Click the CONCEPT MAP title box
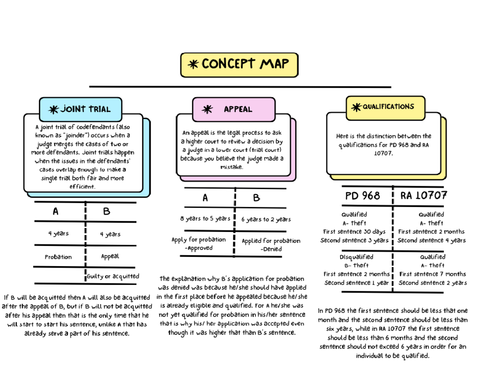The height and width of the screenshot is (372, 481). pos(239,64)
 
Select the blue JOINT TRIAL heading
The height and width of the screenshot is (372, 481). pos(80,109)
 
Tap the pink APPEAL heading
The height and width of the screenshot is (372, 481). pos(234,109)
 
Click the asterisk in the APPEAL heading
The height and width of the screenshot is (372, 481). pos(207,109)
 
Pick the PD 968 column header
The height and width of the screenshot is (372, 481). pos(362,196)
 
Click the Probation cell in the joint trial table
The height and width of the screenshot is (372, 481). pos(58,257)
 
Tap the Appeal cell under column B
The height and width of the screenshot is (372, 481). pos(110,256)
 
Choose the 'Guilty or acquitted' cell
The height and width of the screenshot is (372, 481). pos(113,276)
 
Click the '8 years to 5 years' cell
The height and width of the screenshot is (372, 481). pos(205,219)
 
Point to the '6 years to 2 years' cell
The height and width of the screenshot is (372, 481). pos(266,220)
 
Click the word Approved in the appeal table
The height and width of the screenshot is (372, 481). pos(198,248)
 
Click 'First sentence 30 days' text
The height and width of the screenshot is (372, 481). pos(354,232)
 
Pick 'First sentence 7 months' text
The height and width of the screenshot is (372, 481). pos(432,274)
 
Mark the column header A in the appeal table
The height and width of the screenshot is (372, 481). pos(205,198)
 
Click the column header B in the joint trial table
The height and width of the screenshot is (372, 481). pos(106,211)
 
